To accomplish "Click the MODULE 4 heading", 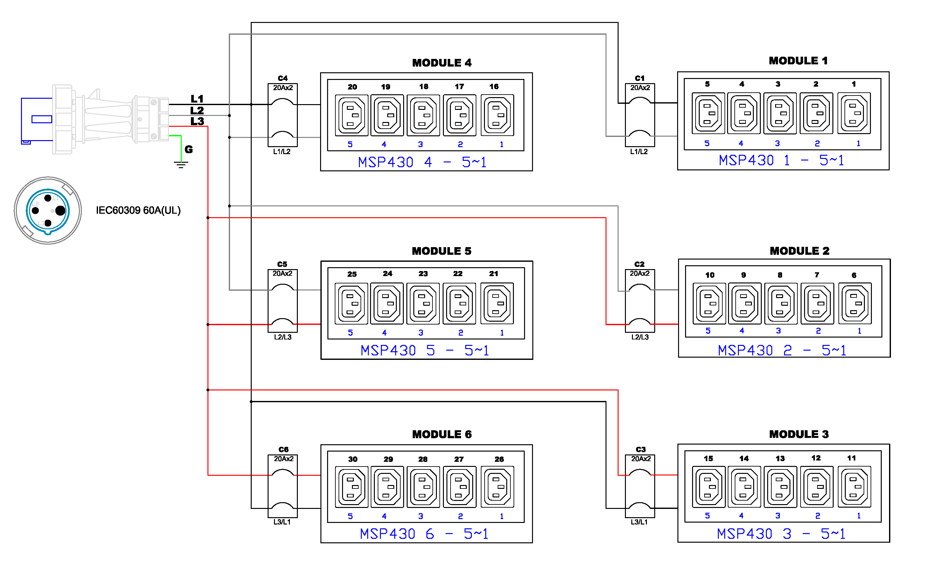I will (442, 63).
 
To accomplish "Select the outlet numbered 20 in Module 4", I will (351, 115).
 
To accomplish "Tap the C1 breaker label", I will (640, 78).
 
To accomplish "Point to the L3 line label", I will (197, 122).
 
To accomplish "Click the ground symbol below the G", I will (181, 165).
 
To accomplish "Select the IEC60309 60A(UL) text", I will (138, 211).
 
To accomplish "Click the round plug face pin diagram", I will (48, 211).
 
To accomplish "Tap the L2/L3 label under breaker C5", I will (283, 337).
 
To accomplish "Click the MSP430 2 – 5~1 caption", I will (782, 351).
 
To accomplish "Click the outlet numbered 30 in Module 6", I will (351, 487).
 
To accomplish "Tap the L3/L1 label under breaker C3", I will (639, 522).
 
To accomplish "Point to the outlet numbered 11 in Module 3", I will (854, 487).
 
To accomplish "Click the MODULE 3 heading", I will (799, 434).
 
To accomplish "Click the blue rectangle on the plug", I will (42, 119).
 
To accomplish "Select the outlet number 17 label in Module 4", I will (459, 87).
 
